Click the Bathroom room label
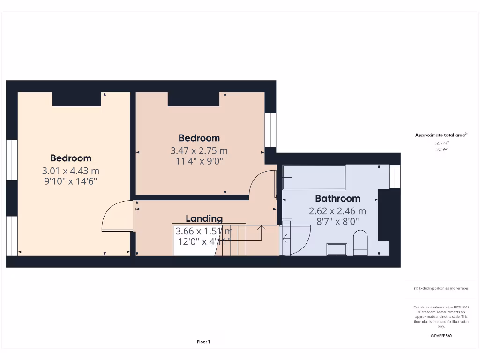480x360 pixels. point(337,198)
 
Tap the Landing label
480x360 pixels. point(204,218)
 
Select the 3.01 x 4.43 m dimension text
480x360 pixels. point(71,171)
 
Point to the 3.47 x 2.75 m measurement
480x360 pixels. point(199,151)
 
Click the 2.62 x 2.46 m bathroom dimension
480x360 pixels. point(337,211)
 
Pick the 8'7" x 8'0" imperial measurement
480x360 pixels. point(337,222)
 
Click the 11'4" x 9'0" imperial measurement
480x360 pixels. point(199,162)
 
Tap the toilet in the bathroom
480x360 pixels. point(360,243)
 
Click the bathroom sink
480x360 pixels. point(337,249)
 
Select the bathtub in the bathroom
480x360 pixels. point(314,177)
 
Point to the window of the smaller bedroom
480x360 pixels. point(270,129)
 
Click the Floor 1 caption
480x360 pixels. point(203,342)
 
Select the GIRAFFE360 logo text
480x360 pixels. point(441,336)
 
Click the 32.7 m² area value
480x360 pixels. point(441,142)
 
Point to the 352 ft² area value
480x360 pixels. point(441,150)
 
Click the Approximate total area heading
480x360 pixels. point(441,135)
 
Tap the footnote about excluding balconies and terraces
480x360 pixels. point(441,288)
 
